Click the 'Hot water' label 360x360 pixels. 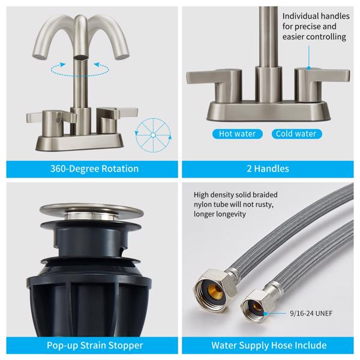pyautogui.click(x=237, y=134)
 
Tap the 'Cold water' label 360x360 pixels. pyautogui.click(x=296, y=134)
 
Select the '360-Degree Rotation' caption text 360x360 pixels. pyautogui.click(x=94, y=169)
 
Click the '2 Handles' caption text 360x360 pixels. pyautogui.click(x=268, y=169)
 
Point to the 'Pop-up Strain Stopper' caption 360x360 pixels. pyautogui.click(x=95, y=346)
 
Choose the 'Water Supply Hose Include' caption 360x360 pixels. pyautogui.click(x=269, y=346)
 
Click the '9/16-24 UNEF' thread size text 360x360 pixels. pyautogui.click(x=311, y=313)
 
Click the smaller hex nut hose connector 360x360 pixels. pyautogui.click(x=257, y=305)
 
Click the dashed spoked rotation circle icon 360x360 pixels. pyautogui.click(x=153, y=135)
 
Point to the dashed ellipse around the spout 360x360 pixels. pyautogui.click(x=80, y=70)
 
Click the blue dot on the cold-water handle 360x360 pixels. pyautogui.click(x=309, y=68)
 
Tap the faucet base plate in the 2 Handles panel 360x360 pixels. pyautogui.click(x=269, y=111)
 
